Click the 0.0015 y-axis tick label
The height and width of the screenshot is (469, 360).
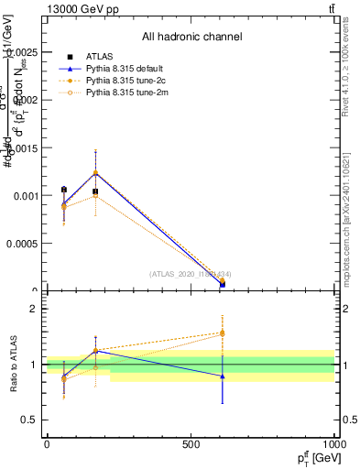(22, 148)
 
